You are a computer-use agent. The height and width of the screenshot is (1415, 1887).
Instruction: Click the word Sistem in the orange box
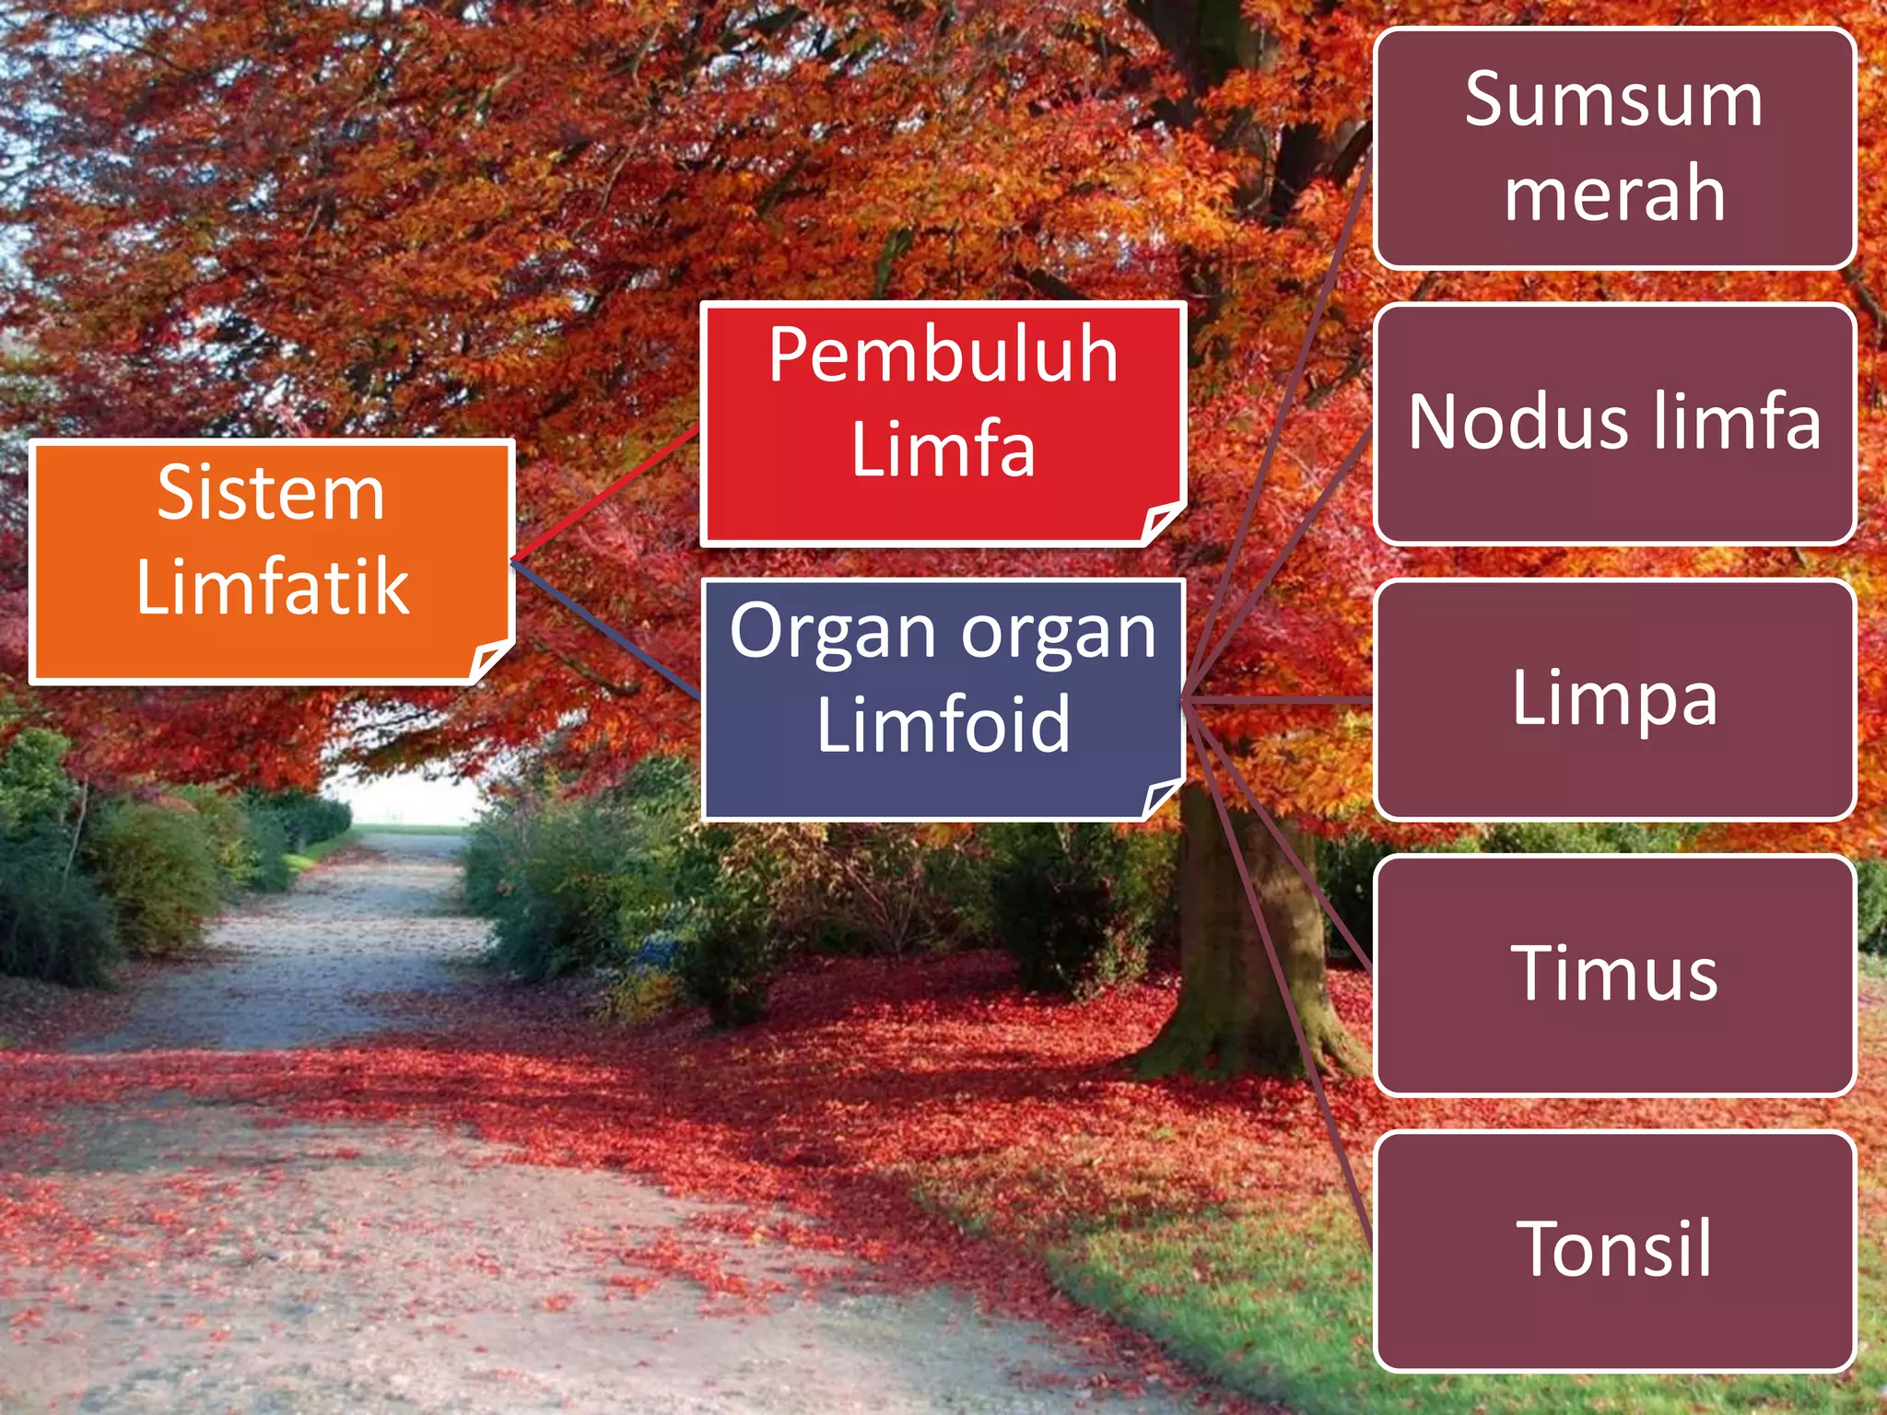[270, 494]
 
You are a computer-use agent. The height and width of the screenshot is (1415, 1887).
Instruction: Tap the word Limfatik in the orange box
[272, 587]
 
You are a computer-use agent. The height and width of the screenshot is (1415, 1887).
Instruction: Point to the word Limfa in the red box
[943, 450]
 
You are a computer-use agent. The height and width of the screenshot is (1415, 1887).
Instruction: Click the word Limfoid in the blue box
[943, 725]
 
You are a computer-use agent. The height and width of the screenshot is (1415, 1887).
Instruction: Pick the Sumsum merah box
[1613, 147]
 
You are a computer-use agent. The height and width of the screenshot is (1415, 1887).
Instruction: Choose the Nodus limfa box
[1613, 423]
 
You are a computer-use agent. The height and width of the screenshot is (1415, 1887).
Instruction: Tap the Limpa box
[1613, 699]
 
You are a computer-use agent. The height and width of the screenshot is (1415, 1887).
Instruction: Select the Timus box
[1613, 975]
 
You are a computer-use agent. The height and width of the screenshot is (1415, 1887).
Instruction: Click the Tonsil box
[1613, 1250]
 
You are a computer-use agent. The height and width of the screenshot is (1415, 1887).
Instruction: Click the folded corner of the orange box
[488, 660]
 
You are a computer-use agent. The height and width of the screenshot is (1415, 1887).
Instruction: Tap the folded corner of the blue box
[1160, 797]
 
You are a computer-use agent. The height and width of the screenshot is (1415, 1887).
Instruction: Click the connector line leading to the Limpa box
[1281, 702]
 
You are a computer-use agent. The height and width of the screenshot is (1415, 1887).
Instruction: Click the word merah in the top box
[1613, 193]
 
